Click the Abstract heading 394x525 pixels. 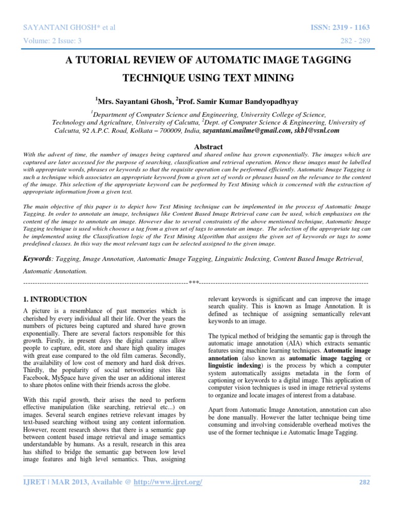(208, 147)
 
